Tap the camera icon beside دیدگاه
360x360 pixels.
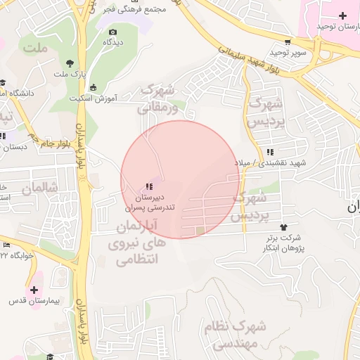point(112,31)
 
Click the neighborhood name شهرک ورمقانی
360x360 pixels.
point(156,99)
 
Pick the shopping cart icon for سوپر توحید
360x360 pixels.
point(288,41)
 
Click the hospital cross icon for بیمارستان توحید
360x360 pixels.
point(342,15)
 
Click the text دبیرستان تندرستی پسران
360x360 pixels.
point(149,203)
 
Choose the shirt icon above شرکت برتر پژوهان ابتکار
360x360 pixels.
point(284,227)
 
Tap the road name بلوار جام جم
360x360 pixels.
point(52,139)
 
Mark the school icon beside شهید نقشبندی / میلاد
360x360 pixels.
point(271,152)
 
